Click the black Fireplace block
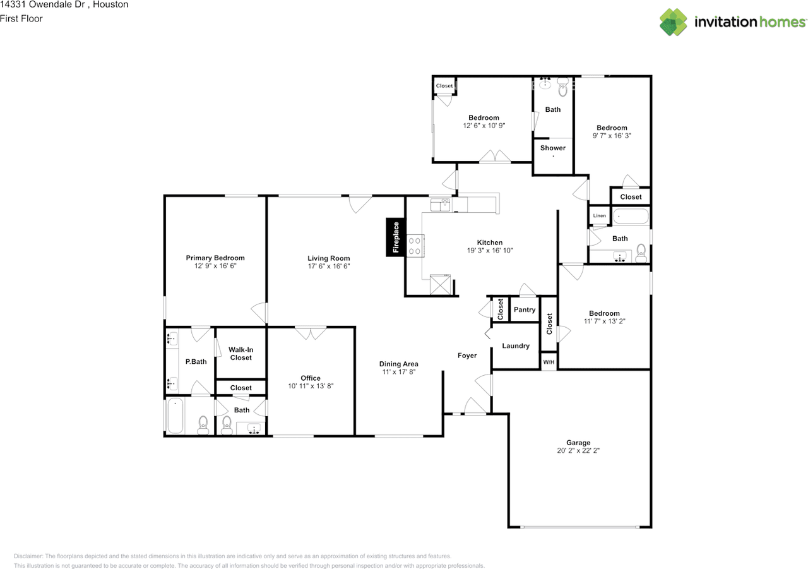click(x=396, y=237)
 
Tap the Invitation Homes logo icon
click(x=673, y=22)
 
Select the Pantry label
click(x=525, y=309)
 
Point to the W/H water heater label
click(x=549, y=362)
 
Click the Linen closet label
click(x=600, y=216)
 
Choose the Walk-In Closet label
click(x=241, y=354)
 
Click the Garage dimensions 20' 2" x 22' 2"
click(x=578, y=450)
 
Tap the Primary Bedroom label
click(x=215, y=258)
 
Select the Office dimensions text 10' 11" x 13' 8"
click(x=311, y=386)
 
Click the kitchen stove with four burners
click(x=415, y=246)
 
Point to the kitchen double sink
click(x=441, y=205)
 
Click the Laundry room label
click(x=516, y=345)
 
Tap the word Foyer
click(x=467, y=356)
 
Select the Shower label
click(x=553, y=148)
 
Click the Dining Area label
click(x=398, y=364)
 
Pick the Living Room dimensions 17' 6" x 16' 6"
click(x=329, y=267)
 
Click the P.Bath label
click(x=196, y=361)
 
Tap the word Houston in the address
click(x=110, y=4)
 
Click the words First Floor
click(x=21, y=19)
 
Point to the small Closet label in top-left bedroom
click(x=444, y=86)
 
